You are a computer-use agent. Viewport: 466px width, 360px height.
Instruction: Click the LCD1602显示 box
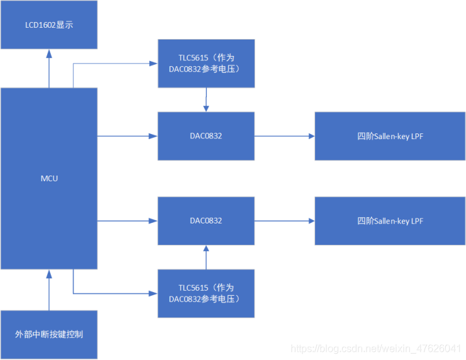point(49,25)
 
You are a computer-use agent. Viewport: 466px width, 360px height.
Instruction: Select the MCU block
point(49,178)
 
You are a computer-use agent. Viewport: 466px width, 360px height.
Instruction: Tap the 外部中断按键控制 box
point(49,334)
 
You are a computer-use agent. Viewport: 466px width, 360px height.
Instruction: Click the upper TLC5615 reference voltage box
point(206,63)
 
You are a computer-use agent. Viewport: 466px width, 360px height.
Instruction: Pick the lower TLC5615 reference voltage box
point(206,293)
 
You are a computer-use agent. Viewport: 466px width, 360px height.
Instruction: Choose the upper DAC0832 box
point(206,136)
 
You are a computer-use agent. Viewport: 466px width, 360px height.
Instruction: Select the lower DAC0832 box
point(206,221)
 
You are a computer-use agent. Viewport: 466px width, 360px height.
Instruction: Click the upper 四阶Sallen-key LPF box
point(389,136)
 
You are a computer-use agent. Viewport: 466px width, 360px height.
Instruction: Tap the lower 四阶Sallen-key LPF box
point(389,221)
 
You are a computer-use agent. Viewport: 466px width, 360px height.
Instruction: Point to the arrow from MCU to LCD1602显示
point(49,69)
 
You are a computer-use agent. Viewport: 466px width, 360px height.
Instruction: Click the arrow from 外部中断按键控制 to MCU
point(49,290)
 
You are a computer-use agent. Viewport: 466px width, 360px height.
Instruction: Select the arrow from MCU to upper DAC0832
point(126,136)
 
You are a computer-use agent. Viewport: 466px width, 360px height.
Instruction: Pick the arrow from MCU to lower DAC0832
point(126,221)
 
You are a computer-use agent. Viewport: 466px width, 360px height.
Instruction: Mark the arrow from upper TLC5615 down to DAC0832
point(206,99)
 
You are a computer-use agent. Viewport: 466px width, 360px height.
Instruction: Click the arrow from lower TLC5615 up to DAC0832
point(206,257)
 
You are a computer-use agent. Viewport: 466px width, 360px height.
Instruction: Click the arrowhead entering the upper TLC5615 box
point(152,63)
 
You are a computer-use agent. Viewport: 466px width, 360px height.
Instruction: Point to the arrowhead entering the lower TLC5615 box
point(152,293)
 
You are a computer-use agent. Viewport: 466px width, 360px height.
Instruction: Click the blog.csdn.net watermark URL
point(378,348)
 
